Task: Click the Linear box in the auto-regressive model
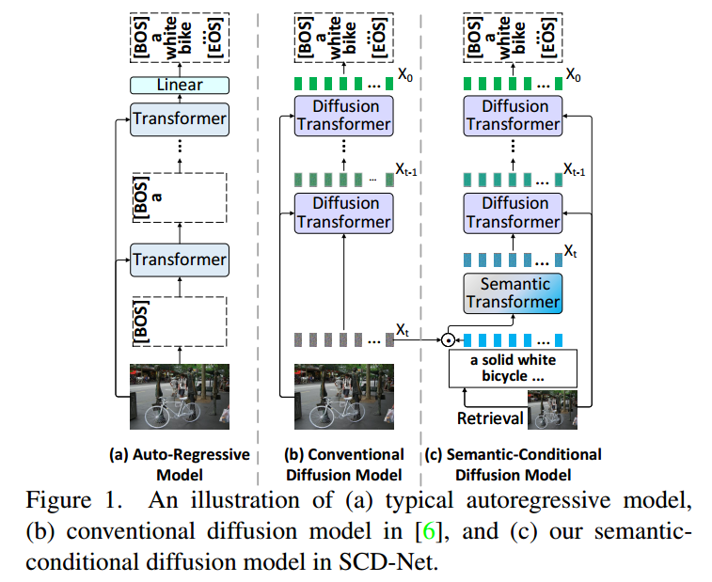pos(179,86)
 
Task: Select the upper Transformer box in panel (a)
pos(179,118)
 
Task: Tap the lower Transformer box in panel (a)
pos(179,259)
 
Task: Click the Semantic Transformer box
pos(513,292)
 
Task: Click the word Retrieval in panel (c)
pos(492,417)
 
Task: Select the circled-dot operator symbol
pos(450,339)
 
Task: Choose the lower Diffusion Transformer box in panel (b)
pos(344,212)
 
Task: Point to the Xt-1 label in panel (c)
pos(576,169)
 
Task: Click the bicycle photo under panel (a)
pos(180,396)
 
